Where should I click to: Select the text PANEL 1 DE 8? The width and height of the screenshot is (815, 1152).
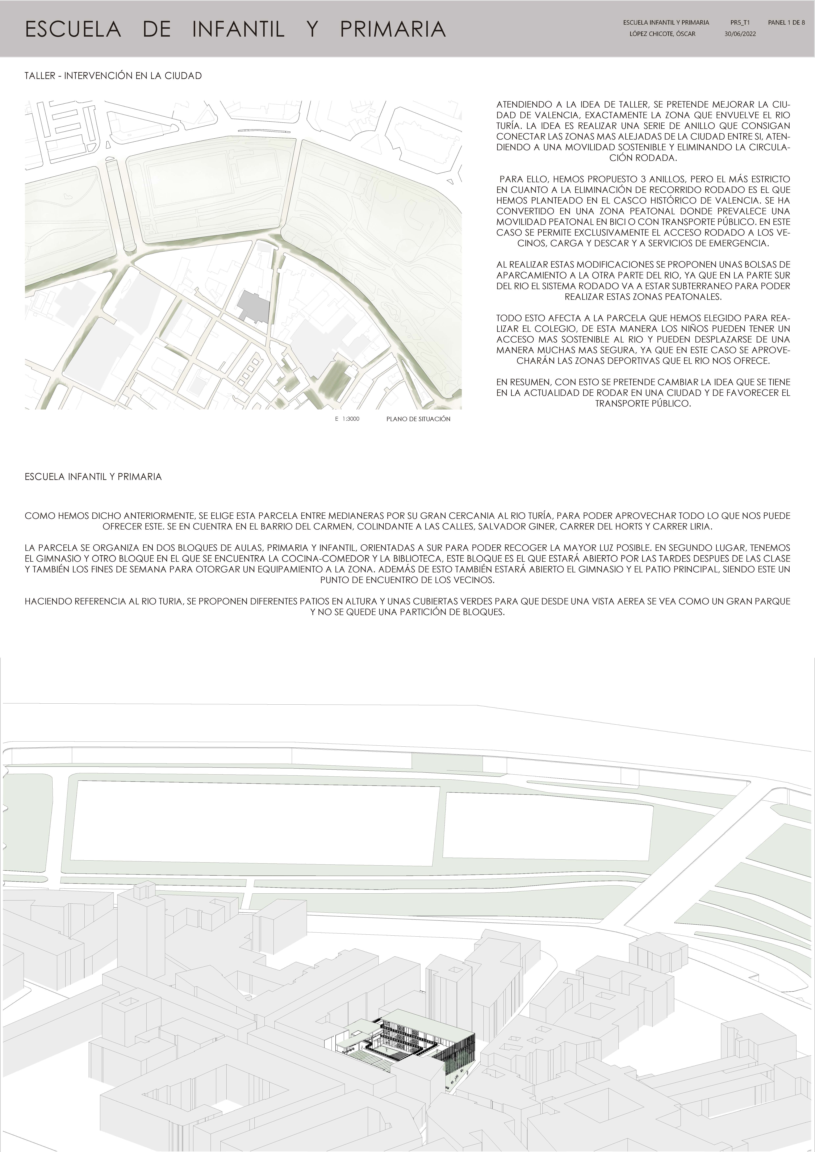(786, 23)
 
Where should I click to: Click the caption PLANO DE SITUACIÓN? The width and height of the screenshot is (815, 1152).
(418, 419)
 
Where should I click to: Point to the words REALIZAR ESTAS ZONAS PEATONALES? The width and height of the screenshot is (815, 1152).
(643, 297)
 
